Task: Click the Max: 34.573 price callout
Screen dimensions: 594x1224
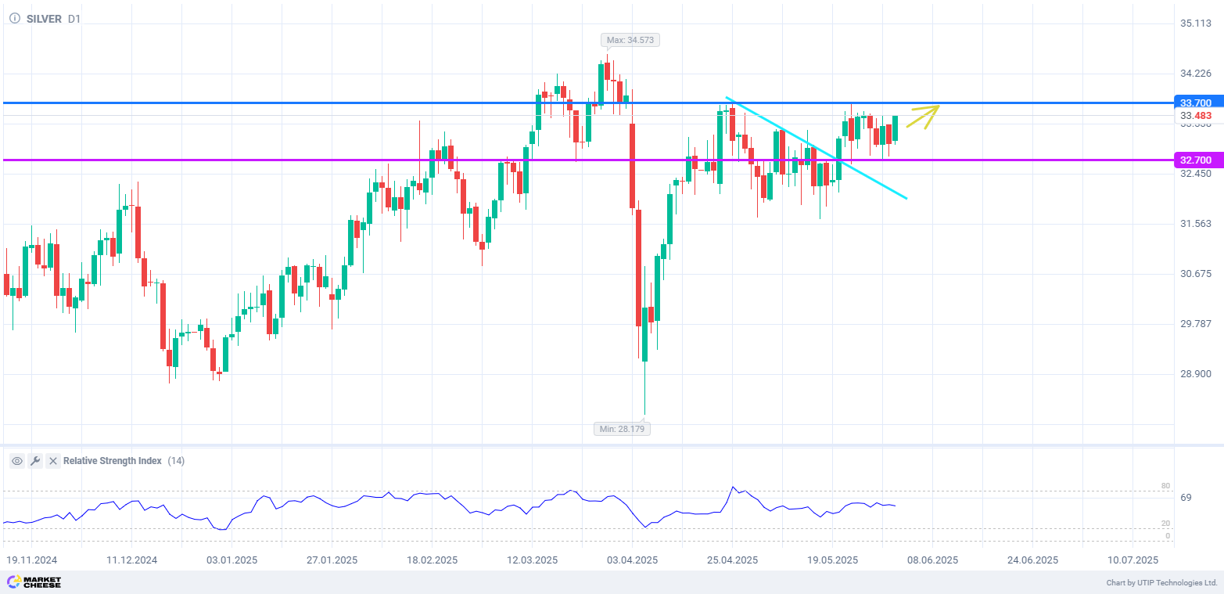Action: pos(630,40)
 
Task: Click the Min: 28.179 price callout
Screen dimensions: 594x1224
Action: pos(622,429)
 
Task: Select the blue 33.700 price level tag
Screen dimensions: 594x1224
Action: pos(1195,103)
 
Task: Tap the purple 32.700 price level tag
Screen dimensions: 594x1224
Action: pos(1195,160)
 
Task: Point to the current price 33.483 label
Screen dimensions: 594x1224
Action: pos(1196,116)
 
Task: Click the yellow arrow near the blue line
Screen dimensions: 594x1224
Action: pos(923,117)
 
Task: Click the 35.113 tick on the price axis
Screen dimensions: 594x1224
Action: pos(1196,23)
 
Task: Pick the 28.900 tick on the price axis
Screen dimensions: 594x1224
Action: pos(1196,374)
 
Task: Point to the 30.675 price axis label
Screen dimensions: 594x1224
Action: pos(1196,274)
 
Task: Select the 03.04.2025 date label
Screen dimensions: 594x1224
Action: pos(633,560)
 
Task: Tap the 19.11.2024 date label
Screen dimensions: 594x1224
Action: pos(32,560)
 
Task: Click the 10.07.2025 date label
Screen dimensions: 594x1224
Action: pos(1132,560)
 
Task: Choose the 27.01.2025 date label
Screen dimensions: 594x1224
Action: pos(332,560)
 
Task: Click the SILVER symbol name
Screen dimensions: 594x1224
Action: pos(44,19)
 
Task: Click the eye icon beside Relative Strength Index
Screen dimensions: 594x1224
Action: pos(17,461)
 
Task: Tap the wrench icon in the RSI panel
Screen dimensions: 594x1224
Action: pos(35,461)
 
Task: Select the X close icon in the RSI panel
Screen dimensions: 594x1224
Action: pos(53,461)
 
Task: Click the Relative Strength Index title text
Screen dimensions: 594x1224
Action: pos(113,461)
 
